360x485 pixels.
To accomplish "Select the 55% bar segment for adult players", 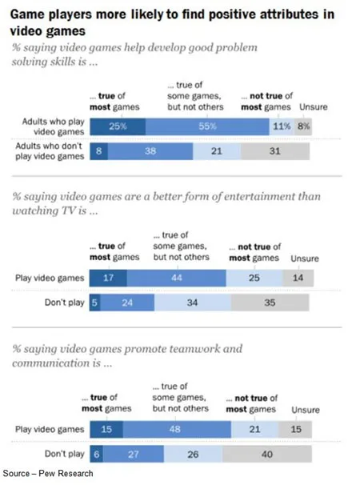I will [208, 126].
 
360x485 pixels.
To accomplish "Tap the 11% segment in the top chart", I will [282, 126].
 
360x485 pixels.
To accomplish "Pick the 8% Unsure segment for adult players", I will [305, 126].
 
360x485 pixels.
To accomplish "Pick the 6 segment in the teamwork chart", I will [96, 454].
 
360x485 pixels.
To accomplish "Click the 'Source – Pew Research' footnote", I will [47, 474].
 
